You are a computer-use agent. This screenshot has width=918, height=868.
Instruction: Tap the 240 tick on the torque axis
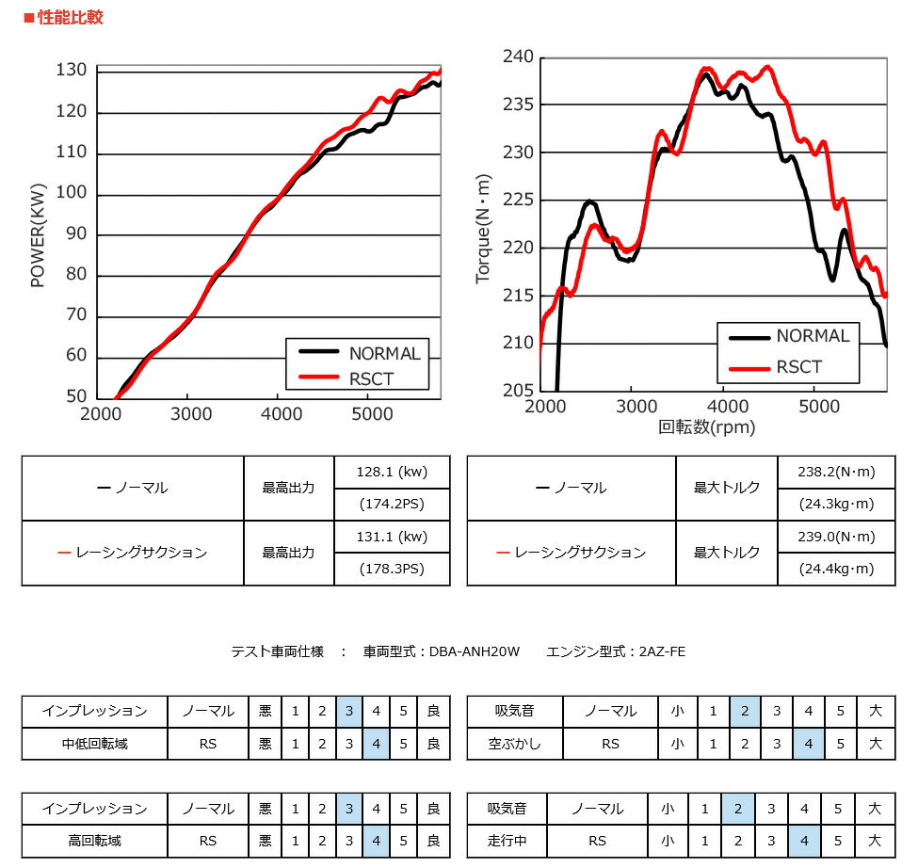tap(519, 57)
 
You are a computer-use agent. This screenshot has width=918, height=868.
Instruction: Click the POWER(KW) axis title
tap(38, 234)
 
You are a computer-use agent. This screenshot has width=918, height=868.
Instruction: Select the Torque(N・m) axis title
tap(483, 228)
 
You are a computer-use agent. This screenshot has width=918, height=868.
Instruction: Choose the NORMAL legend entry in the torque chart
tap(812, 336)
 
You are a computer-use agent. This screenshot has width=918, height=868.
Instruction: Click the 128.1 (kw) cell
tap(392, 473)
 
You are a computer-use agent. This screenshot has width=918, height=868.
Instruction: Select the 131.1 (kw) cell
tap(392, 537)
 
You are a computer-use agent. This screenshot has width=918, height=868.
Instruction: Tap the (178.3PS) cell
tap(392, 569)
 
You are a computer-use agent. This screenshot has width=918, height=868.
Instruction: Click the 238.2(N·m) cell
tap(836, 473)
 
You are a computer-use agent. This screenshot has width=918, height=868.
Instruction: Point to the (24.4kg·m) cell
tap(836, 569)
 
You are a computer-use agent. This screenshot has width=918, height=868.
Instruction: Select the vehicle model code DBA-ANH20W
tap(472, 651)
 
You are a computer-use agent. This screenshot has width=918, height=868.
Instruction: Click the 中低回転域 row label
tap(94, 744)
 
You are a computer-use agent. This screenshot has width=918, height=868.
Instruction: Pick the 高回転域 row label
tap(94, 841)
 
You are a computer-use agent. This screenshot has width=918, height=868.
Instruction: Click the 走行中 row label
tap(507, 841)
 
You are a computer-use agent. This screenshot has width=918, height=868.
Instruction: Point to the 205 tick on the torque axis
tap(519, 391)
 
